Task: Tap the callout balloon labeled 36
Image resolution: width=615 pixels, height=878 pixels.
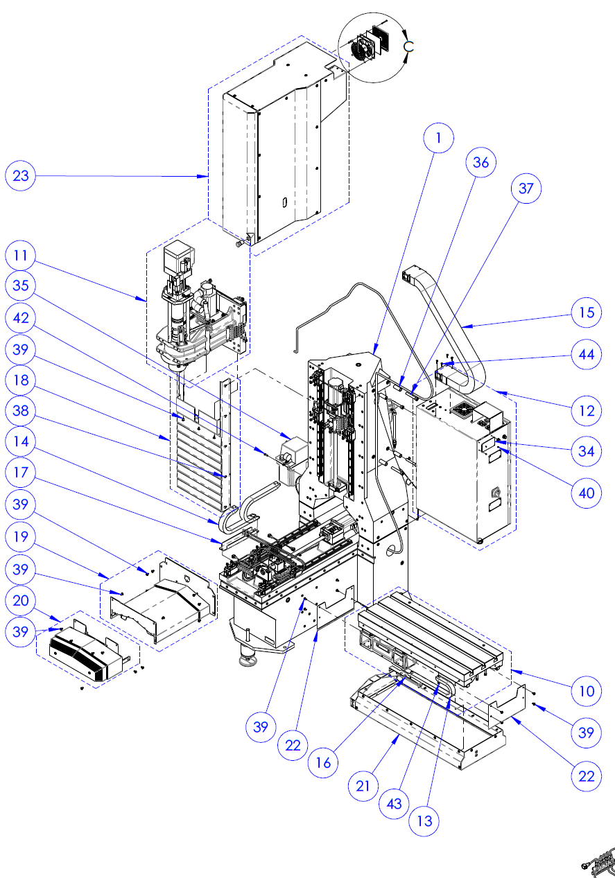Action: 480,163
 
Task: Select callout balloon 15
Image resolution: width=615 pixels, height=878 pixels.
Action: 587,313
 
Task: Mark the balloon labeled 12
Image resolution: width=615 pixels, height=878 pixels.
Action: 587,411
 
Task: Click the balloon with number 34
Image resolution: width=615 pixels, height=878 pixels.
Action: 587,451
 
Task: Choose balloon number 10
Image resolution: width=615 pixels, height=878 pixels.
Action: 587,691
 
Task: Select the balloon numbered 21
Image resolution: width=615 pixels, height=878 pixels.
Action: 367,785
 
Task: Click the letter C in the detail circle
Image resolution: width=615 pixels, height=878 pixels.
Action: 409,46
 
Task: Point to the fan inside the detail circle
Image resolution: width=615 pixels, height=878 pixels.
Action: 362,49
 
